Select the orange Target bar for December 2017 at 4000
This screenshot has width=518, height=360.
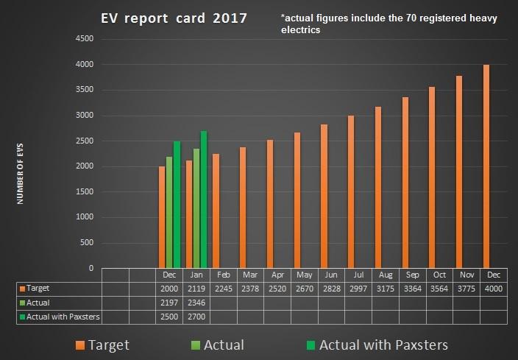coord(486,166)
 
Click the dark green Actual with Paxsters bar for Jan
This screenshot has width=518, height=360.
coord(204,200)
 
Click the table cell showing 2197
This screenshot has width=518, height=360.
coord(169,302)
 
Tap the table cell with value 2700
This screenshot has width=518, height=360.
coord(196,316)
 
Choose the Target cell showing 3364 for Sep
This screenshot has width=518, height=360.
coord(412,289)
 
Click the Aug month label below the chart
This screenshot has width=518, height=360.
coord(384,275)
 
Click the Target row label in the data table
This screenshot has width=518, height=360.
coord(35,289)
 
